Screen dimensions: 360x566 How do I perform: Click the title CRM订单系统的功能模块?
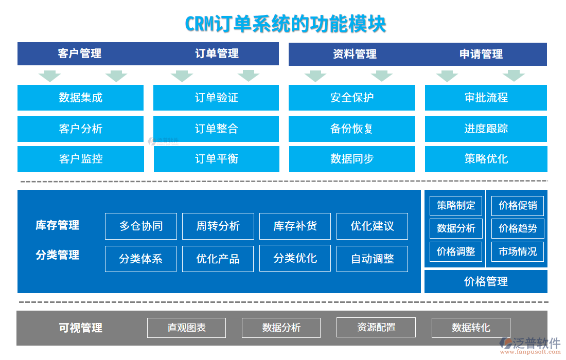pos(285,24)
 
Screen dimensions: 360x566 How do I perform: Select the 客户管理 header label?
pos(80,53)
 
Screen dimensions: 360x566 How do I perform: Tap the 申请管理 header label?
pos(481,54)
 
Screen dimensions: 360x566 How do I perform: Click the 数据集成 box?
pos(80,98)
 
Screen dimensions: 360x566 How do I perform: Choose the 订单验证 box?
pos(216,98)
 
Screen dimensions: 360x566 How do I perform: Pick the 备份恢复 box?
pos(351,129)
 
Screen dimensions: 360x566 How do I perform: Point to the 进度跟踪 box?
pos(486,129)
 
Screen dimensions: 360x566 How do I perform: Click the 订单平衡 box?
pos(216,159)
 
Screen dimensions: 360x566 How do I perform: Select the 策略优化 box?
pos(486,159)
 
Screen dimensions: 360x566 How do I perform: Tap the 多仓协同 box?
pos(141,226)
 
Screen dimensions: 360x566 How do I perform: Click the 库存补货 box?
pos(295,226)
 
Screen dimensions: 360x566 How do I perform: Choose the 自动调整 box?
pos(372,259)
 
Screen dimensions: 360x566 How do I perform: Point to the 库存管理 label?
pos(58,225)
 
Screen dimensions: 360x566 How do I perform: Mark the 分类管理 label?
pos(58,255)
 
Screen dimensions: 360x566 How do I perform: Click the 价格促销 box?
pos(518,206)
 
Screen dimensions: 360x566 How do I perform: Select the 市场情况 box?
pos(518,251)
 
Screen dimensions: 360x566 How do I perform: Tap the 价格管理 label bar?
pos(486,281)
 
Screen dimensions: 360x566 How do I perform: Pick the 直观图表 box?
pos(186,328)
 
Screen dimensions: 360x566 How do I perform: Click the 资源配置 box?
pos(376,327)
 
